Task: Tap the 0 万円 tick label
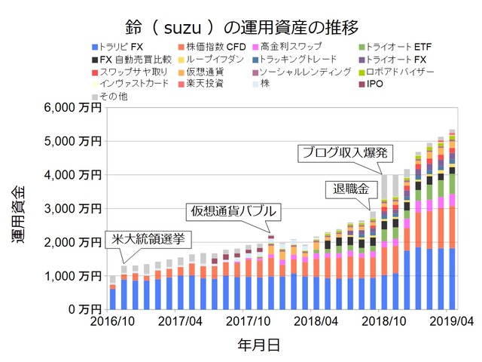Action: [x=81, y=309]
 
